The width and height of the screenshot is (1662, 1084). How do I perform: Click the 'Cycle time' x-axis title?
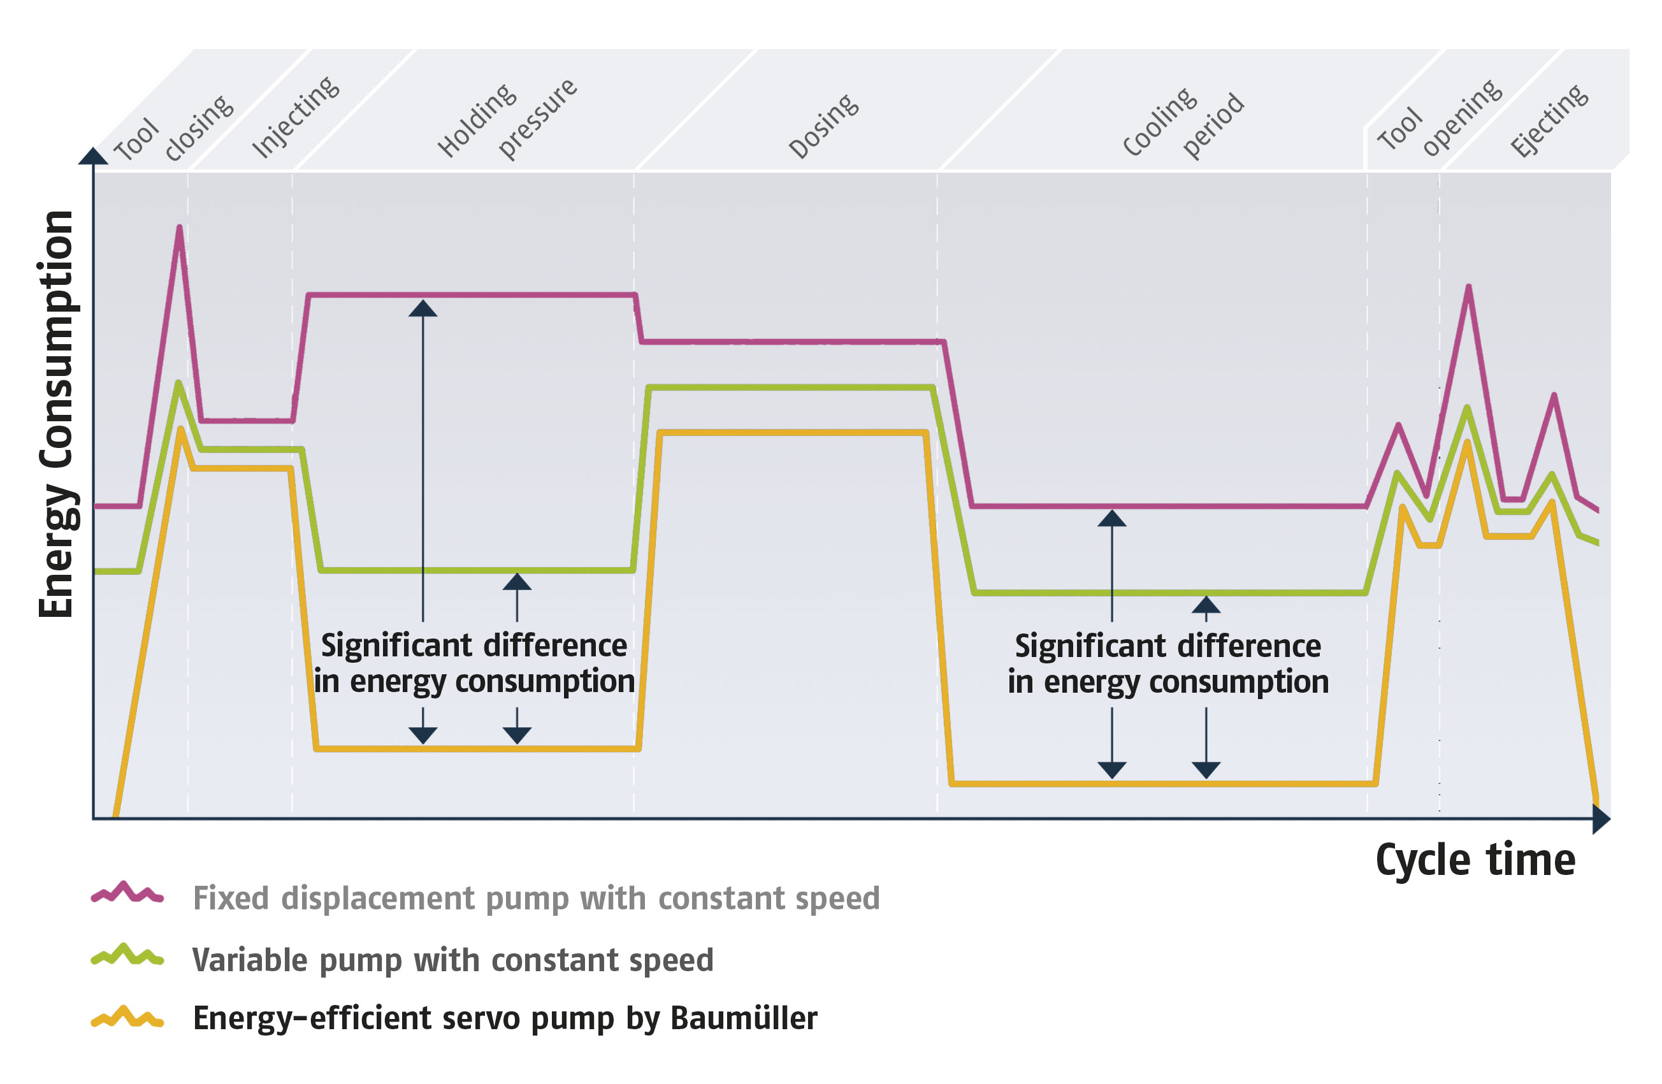1475,860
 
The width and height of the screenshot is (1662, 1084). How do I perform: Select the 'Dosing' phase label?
823,126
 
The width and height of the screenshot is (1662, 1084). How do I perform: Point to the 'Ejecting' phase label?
1549,120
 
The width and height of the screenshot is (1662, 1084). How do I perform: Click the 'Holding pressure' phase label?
507,120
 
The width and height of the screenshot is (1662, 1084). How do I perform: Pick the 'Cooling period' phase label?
1183,122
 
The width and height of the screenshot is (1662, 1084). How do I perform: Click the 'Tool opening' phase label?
1438,119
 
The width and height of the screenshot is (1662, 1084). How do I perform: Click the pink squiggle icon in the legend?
127,893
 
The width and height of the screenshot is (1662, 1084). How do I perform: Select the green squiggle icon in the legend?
127,955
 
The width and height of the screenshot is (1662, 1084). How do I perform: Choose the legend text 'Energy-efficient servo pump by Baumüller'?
504,1018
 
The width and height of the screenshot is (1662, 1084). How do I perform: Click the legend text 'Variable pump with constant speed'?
452,960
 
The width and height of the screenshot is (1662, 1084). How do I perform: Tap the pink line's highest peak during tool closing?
180,228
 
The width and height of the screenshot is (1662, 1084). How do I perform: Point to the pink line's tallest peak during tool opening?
1468,287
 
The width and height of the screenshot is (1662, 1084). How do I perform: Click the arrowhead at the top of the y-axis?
93,155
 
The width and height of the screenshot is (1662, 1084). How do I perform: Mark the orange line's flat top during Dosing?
793,433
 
